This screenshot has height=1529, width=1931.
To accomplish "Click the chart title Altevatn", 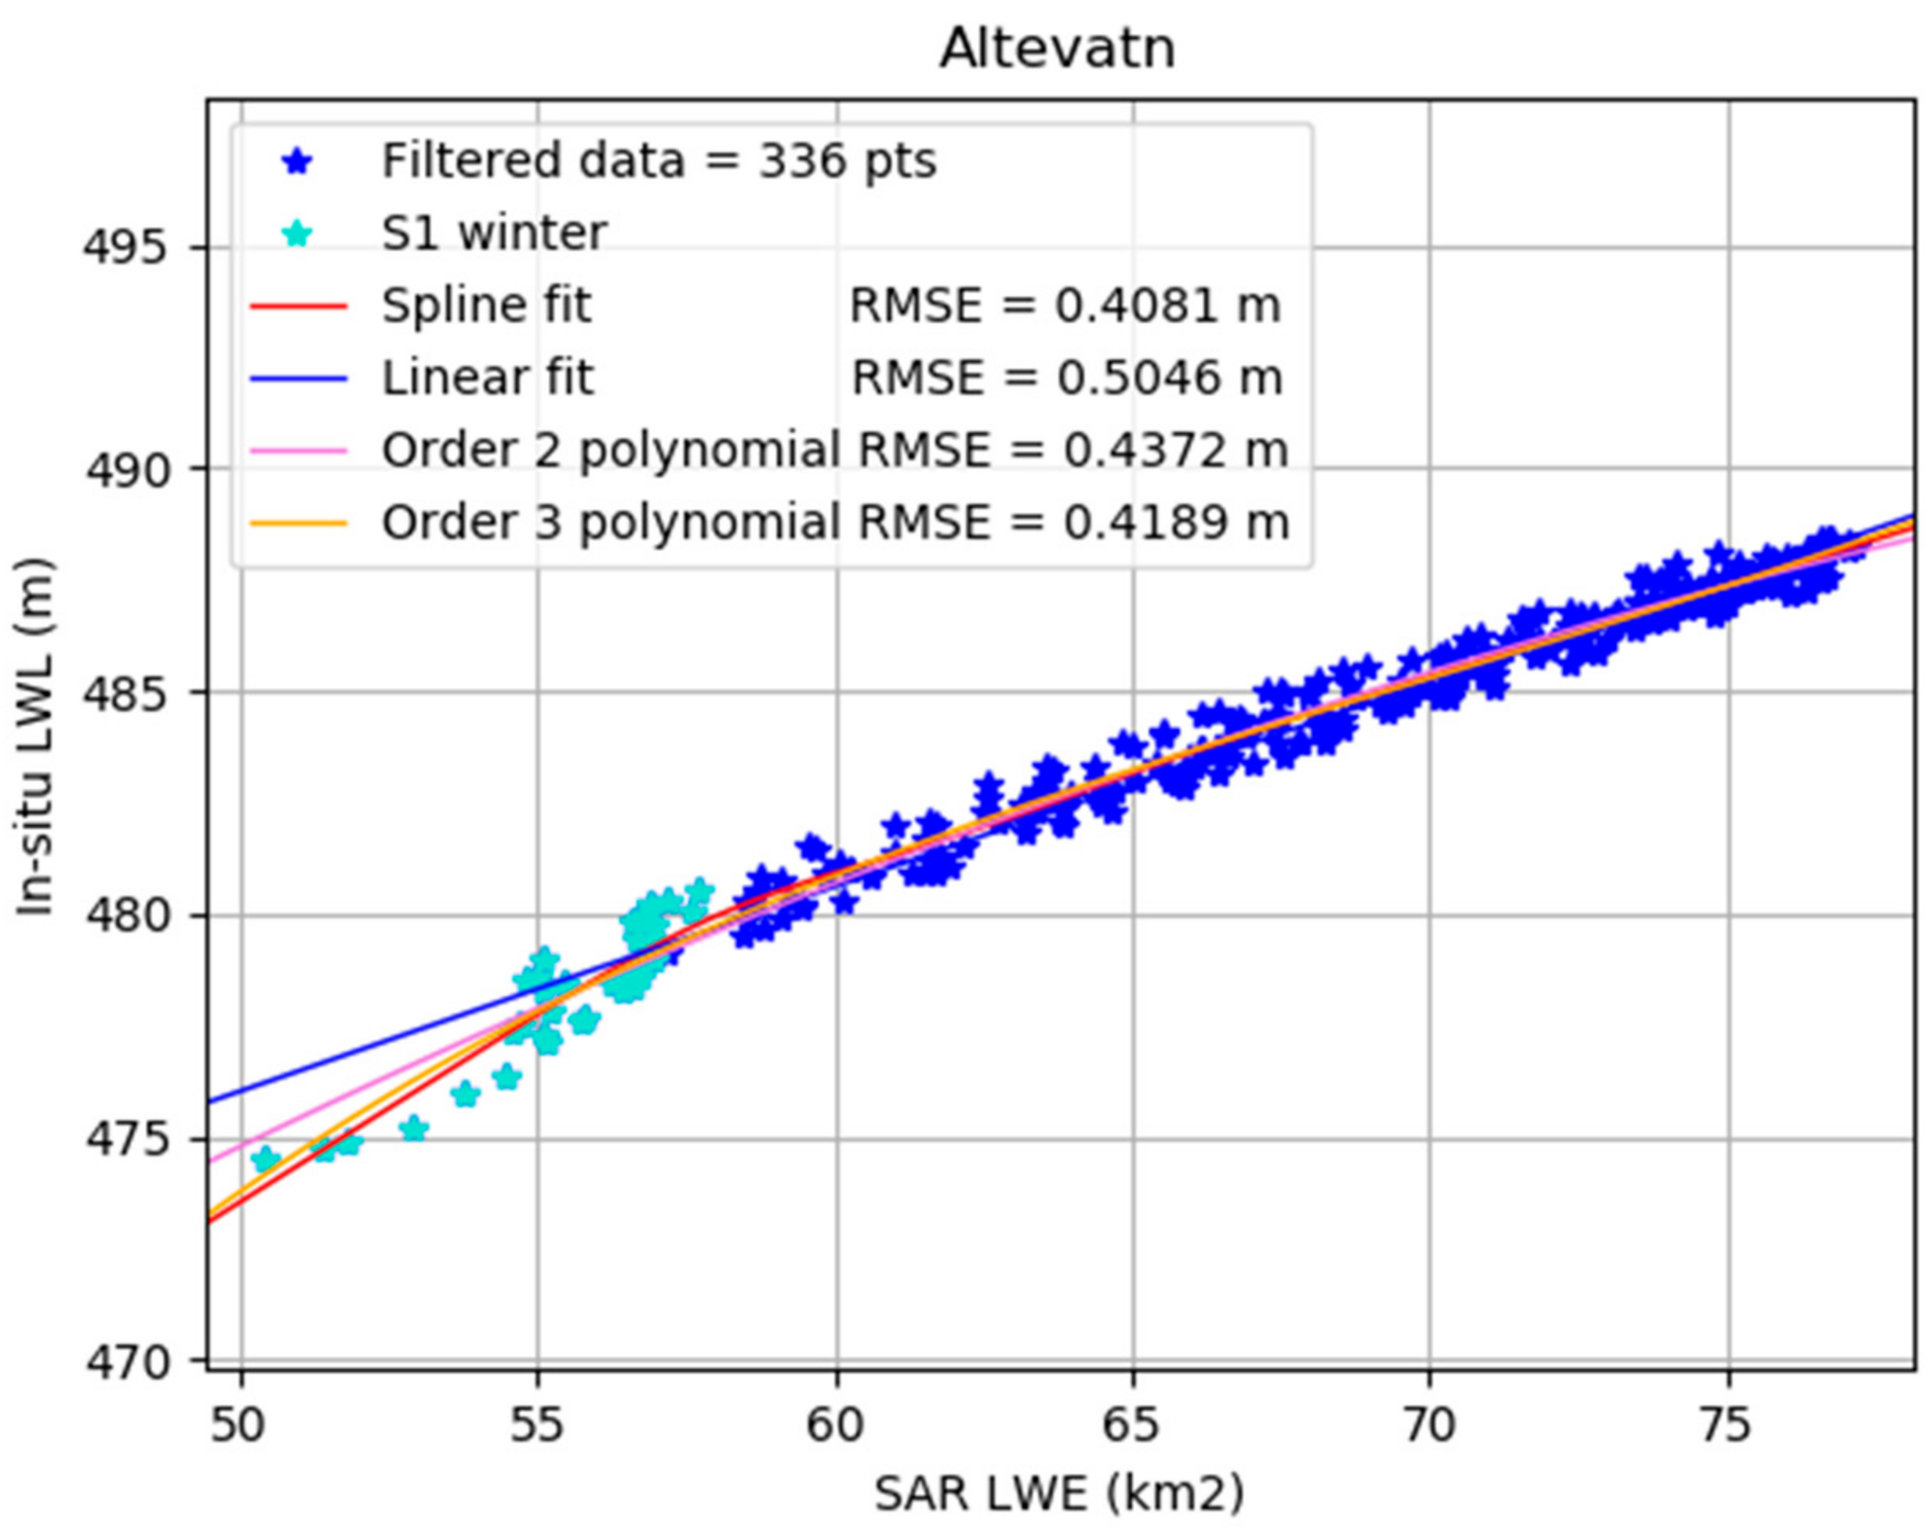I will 1058,49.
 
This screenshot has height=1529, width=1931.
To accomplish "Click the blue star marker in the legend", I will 297,162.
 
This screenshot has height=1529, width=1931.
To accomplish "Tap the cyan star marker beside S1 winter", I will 297,234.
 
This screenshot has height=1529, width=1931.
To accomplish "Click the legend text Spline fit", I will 486,306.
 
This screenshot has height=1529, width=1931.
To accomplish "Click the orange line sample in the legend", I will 297,523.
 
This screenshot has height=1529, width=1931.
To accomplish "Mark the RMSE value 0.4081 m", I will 1064,306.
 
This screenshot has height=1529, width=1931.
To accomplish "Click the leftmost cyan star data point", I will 265,1159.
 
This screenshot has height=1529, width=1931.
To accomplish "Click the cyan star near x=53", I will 414,1129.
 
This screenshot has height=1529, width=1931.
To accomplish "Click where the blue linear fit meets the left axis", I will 209,1101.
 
